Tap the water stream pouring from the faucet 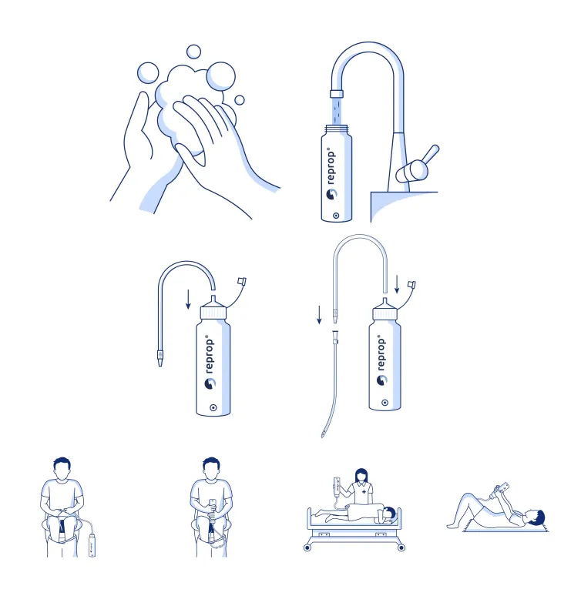337,111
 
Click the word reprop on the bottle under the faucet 331,166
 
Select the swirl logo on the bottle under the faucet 331,194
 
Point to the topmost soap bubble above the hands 193,52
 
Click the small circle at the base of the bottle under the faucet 336,216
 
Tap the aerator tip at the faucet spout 337,93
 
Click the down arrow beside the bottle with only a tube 188,300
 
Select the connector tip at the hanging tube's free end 160,358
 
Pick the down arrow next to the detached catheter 319,315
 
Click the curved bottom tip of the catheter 324,434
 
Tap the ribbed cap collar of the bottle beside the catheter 385,314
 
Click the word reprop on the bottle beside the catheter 381,353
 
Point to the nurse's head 361,476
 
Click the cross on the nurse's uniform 364,492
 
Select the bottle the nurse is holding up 337,486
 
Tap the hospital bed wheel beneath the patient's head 401,547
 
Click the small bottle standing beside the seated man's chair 92,545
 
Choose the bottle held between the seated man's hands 212,506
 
